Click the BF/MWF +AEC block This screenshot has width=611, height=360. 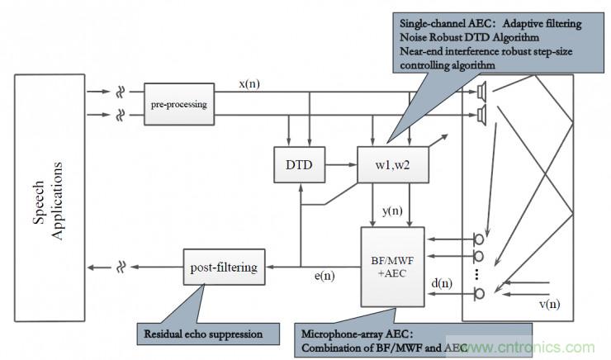[x=392, y=264]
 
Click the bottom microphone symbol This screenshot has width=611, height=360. [x=476, y=292]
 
